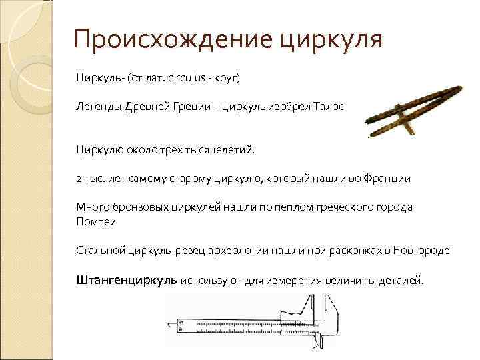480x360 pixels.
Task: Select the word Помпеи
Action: pos(96,221)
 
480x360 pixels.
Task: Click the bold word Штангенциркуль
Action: pos(126,281)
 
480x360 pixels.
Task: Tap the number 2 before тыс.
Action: pos(78,179)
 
